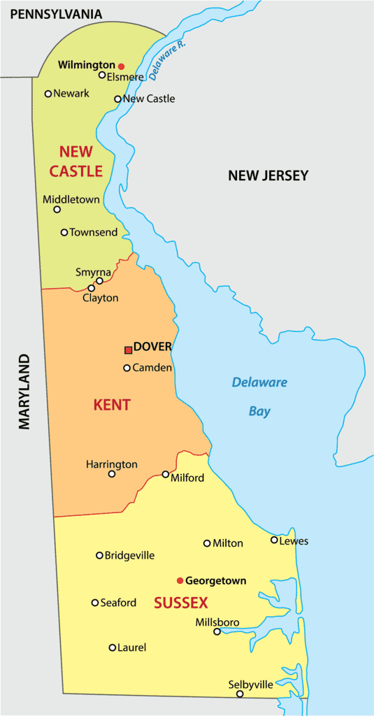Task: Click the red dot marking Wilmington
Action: coord(121,66)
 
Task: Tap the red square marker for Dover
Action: coord(128,350)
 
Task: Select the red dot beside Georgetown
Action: coord(180,580)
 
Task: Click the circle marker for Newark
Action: coord(48,94)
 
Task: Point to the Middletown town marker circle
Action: coord(57,209)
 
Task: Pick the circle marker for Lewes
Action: coord(274,540)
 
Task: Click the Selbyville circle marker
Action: coord(240,694)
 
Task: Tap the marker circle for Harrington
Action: coord(112,474)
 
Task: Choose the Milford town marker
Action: coord(166,474)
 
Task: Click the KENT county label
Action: coord(112,405)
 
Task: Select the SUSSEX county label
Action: coord(180,603)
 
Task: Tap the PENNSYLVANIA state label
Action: coord(51,14)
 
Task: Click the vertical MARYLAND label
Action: coord(25,392)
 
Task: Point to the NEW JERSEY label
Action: coord(268,176)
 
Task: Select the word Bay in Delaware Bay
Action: coord(259,412)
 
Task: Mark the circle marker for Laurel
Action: coord(113,647)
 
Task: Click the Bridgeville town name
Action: coord(129,556)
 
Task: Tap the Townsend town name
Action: coord(93,232)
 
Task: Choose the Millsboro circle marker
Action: coord(217,632)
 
